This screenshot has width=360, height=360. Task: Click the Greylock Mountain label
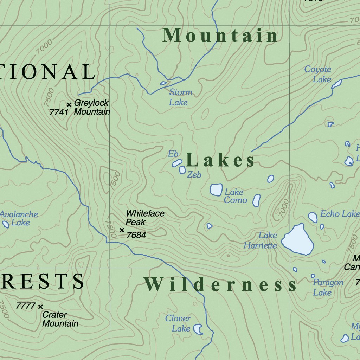pyautogui.click(x=91, y=108)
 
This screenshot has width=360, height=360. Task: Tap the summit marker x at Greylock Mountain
pyautogui.click(x=69, y=104)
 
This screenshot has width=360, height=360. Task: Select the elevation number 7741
pyautogui.click(x=58, y=112)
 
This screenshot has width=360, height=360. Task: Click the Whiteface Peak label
pyautogui.click(x=144, y=218)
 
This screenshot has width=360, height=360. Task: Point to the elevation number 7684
pyautogui.click(x=136, y=235)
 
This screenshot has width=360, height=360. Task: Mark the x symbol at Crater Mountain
pyautogui.click(x=40, y=307)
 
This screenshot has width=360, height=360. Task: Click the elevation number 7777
pyautogui.click(x=25, y=306)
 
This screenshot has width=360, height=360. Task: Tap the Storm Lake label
pyautogui.click(x=180, y=97)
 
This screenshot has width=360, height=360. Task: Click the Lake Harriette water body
pyautogui.click(x=297, y=240)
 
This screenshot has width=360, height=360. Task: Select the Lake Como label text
pyautogui.click(x=235, y=196)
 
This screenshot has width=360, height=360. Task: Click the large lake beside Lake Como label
pyautogui.click(x=216, y=189)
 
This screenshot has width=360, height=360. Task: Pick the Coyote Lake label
pyautogui.click(x=318, y=74)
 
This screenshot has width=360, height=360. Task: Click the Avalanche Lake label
pyautogui.click(x=19, y=218)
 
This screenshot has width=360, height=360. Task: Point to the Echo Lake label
pyautogui.click(x=339, y=214)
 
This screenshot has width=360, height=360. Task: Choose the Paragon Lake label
pyautogui.click(x=328, y=287)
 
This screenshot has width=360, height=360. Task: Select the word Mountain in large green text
pyautogui.click(x=220, y=36)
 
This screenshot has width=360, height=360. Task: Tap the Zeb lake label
pyautogui.click(x=194, y=175)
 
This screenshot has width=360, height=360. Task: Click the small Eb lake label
pyautogui.click(x=173, y=154)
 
